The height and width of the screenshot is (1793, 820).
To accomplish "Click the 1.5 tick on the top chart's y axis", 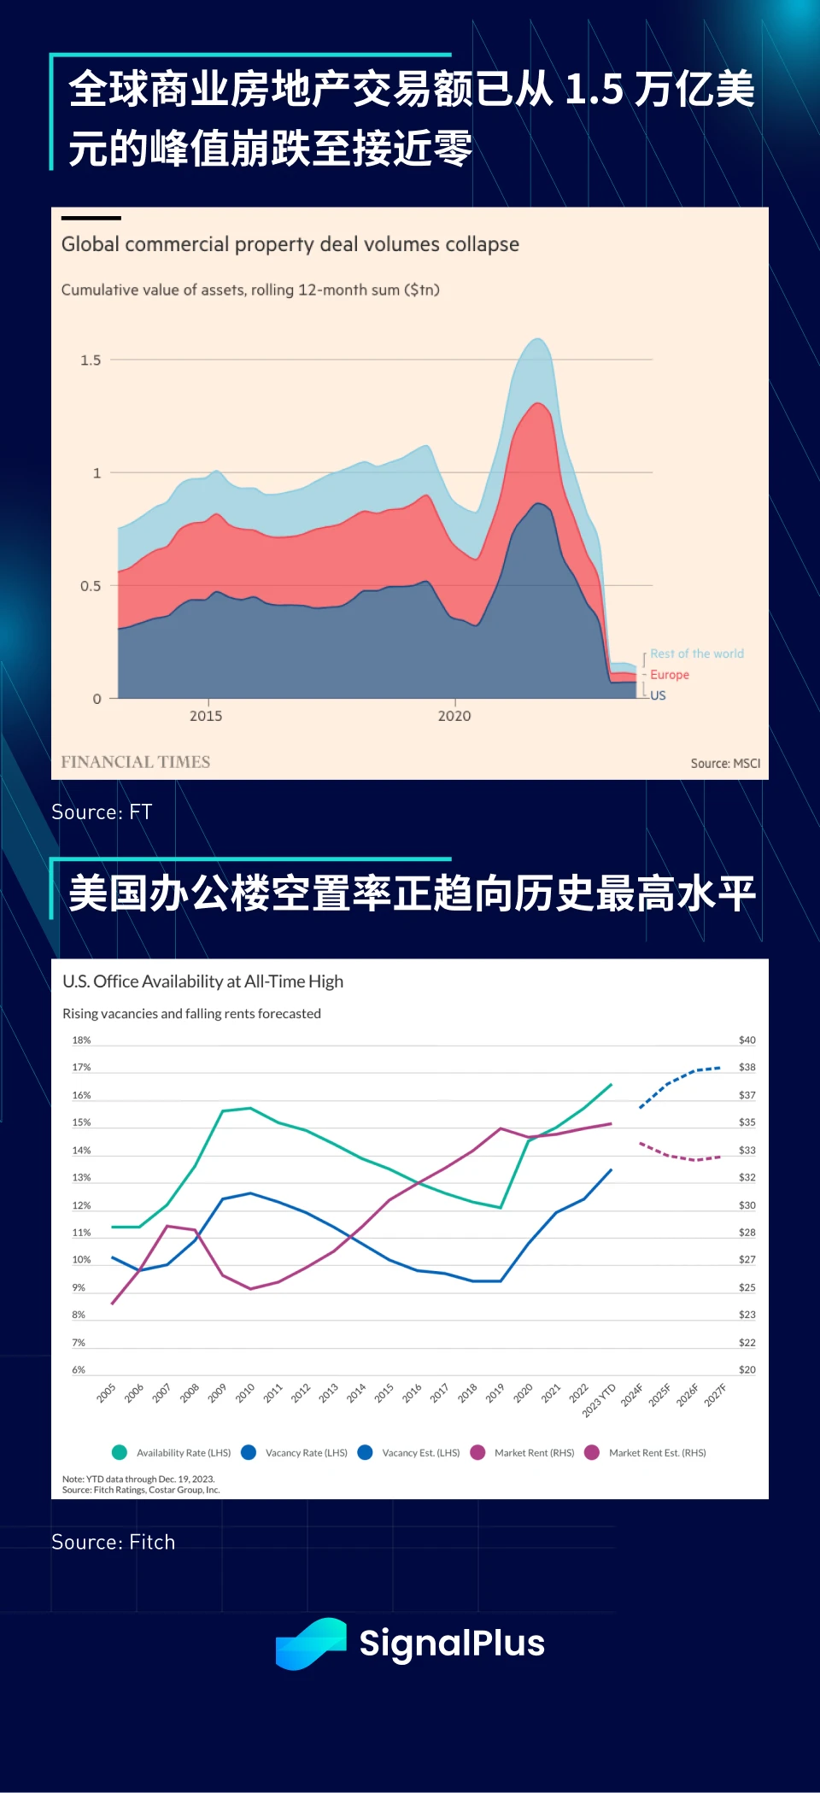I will tap(91, 360).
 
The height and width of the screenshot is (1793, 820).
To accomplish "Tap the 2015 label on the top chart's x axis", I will tap(206, 716).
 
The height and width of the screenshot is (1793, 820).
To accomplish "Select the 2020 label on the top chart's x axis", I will tap(454, 716).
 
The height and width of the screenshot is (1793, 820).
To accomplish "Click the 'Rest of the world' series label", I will tap(696, 653).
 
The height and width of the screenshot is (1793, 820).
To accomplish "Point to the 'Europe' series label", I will tap(669, 675).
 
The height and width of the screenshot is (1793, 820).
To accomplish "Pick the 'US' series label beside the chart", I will tap(658, 695).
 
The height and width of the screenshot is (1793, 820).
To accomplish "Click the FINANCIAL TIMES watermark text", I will tap(135, 762).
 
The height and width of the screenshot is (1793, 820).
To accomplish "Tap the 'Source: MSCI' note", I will tap(725, 764).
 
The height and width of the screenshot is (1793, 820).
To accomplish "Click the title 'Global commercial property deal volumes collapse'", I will tap(290, 244).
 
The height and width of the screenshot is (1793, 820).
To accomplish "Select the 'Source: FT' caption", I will tap(102, 812).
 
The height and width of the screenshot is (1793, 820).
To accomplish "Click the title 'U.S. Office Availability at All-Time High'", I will tap(202, 981).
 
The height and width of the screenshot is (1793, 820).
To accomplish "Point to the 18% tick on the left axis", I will tap(81, 1040).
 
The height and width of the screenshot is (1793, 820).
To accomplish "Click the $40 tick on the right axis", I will tap(747, 1040).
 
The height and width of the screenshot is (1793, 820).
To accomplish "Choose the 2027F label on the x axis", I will tap(716, 1395).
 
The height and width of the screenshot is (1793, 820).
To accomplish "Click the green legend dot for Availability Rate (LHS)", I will tap(120, 1452).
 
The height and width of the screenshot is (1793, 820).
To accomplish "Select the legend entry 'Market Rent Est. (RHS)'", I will tap(657, 1453).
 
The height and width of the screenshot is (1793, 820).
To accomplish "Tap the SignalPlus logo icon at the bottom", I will tap(311, 1644).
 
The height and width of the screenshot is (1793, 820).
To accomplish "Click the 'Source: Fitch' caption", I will tap(113, 1542).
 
